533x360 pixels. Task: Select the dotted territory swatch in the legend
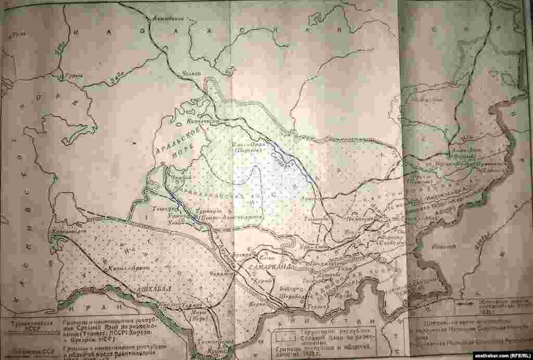[x=284, y=331]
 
